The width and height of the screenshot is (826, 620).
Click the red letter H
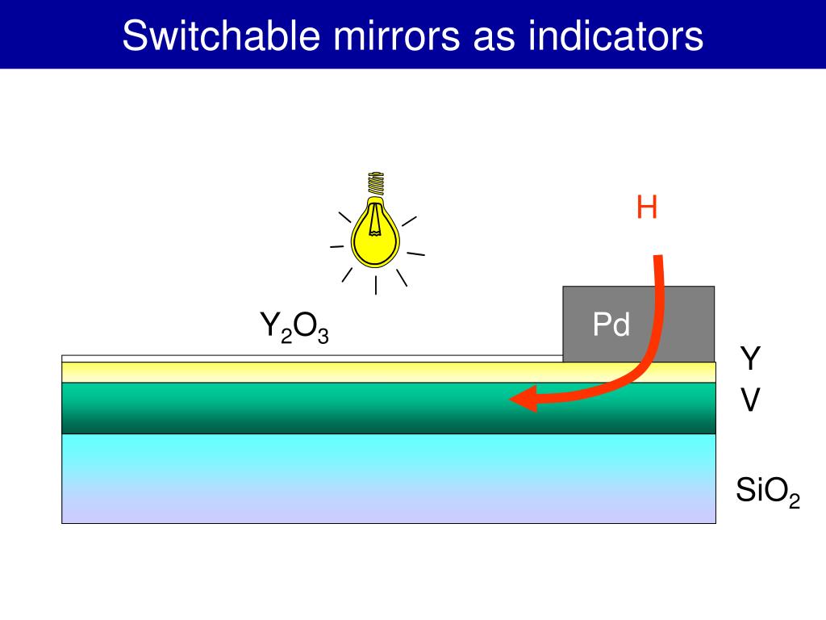646,207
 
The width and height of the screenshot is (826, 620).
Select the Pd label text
611,325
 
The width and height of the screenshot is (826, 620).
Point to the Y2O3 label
294,326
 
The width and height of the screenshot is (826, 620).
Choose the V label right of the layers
750,400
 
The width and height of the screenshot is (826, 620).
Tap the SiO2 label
767,490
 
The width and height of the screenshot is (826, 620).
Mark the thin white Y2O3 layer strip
307,358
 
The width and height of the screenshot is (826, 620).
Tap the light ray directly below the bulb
376,285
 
